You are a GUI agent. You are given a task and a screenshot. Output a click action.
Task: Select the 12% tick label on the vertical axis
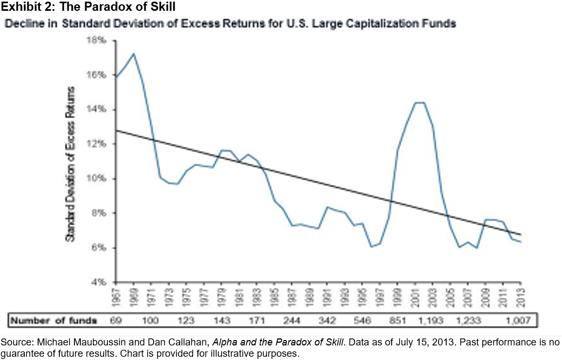click(x=102, y=144)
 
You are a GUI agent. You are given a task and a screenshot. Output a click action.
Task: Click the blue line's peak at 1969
click(x=134, y=53)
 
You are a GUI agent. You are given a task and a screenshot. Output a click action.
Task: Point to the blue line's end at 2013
click(x=520, y=242)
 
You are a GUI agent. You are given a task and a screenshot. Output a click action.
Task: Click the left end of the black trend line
click(x=116, y=130)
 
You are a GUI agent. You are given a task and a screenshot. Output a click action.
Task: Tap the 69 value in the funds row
click(x=116, y=321)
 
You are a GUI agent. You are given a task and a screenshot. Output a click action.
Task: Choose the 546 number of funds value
click(x=362, y=321)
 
